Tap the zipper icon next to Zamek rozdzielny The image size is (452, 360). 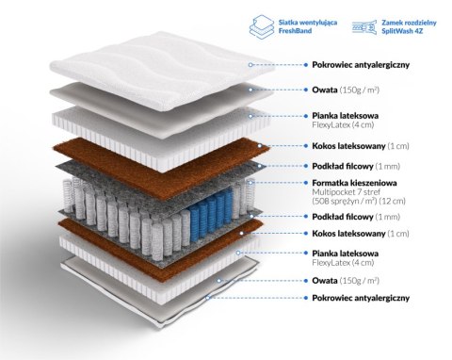[364, 27]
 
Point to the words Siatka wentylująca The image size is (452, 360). [308, 23]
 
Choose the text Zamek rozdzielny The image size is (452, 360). [409, 23]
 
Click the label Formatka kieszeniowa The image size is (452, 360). [354, 183]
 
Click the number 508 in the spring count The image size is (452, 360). [321, 201]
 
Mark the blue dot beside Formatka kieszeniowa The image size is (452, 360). [306, 183]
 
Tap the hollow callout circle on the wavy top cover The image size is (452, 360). [250, 65]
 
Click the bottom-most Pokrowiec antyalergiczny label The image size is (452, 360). [361, 298]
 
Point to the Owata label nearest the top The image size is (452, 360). [325, 90]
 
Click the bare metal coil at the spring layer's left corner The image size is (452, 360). [69, 196]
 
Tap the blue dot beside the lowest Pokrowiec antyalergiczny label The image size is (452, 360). [306, 298]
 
